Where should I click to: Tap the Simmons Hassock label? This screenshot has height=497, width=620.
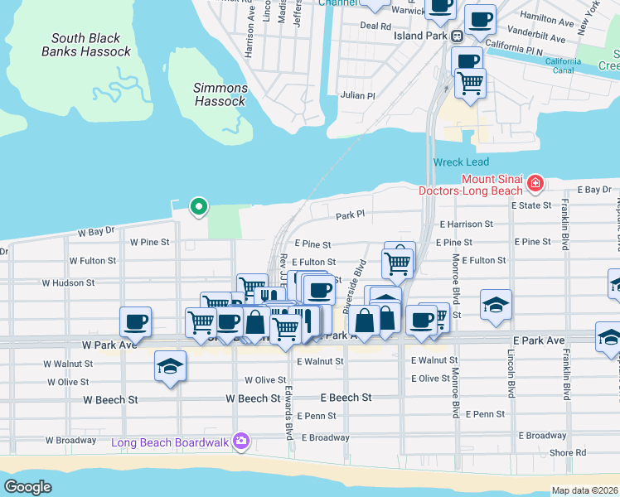tap(220, 94)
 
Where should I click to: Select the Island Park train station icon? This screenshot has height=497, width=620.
tap(457, 36)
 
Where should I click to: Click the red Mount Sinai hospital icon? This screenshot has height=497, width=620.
tap(536, 181)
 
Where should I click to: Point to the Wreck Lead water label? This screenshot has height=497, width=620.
tap(461, 162)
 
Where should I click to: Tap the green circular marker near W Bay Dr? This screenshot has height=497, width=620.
tap(198, 206)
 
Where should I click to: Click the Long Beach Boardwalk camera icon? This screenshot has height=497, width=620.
tap(240, 442)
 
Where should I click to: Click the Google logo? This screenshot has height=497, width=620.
tap(28, 487)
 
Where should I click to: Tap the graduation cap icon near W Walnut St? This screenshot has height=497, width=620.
tap(170, 366)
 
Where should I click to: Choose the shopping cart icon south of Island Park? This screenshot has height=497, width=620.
tap(470, 83)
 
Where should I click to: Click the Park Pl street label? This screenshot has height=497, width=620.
tap(351, 216)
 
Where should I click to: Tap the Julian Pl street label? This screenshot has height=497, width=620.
tap(358, 95)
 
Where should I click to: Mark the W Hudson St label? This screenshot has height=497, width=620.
tap(80, 282)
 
